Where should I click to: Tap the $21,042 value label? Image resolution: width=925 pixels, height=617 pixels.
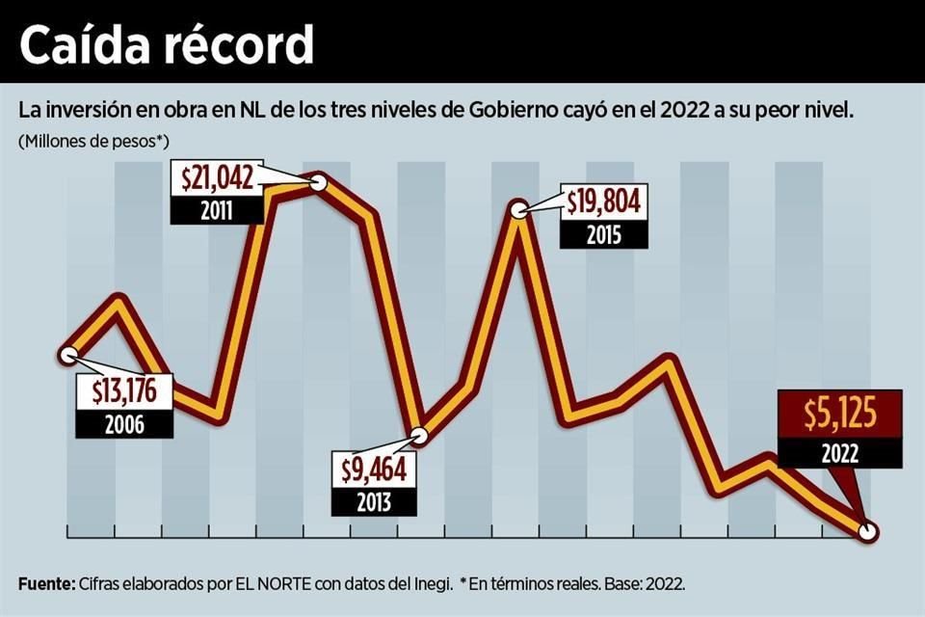pos(217,178)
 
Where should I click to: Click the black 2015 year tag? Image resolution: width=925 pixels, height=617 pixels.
pos(602,233)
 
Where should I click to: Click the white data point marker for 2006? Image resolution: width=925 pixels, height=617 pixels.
pos(67,354)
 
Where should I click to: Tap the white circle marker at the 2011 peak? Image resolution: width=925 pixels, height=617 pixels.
pos(320,180)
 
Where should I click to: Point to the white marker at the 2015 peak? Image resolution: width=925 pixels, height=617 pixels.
pos(518,209)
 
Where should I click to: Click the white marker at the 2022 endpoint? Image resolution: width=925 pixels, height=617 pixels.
pos(868,531)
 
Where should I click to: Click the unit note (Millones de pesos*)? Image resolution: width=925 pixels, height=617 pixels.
pos(93,141)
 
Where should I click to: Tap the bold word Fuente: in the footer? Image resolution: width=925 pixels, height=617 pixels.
pos(45,583)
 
